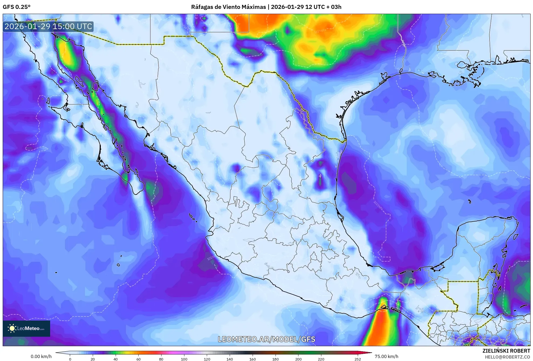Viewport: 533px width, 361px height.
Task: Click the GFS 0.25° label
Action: click(x=16, y=7)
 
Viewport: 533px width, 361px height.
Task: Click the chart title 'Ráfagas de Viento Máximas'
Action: click(x=228, y=7)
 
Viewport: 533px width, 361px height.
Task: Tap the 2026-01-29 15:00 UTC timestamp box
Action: click(x=48, y=26)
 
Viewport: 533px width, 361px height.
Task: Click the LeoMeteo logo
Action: click(x=26, y=328)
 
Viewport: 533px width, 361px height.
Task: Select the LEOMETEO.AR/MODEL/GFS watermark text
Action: click(x=266, y=339)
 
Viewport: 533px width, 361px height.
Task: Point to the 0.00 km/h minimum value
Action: click(x=41, y=356)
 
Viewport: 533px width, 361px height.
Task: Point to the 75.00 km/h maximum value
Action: click(x=386, y=356)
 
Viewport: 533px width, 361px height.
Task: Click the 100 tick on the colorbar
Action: click(x=184, y=359)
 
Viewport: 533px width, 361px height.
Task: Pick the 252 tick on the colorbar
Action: click(x=357, y=359)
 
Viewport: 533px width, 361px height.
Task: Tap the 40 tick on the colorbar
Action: click(x=116, y=359)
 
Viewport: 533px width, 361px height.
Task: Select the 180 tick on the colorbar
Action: click(x=276, y=359)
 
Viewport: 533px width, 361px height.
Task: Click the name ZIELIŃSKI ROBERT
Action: click(x=506, y=351)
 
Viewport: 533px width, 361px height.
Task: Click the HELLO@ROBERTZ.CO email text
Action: click(x=507, y=357)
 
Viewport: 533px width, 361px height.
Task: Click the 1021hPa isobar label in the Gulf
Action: click(x=378, y=205)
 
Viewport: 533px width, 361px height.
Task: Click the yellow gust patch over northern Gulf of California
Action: click(x=66, y=54)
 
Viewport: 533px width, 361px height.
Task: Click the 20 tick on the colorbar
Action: click(x=93, y=359)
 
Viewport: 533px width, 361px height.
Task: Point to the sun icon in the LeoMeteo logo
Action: click(x=12, y=328)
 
